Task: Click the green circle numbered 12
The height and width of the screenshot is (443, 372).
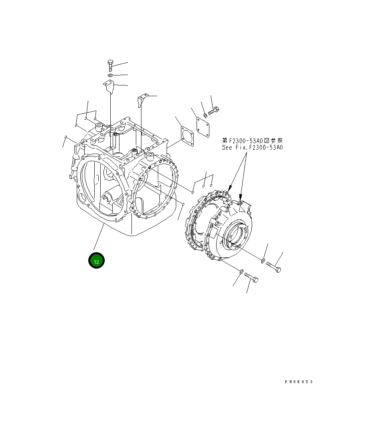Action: click(x=96, y=261)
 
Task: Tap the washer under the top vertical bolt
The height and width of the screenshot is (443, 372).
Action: click(x=111, y=75)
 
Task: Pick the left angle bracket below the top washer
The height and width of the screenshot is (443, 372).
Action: click(x=109, y=86)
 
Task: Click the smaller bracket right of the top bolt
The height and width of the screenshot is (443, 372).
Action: click(x=142, y=100)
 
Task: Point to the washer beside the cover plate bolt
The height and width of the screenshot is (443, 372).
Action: click(x=205, y=116)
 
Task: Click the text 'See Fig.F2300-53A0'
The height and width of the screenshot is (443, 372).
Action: click(x=253, y=147)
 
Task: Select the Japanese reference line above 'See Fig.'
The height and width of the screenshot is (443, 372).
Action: click(x=253, y=140)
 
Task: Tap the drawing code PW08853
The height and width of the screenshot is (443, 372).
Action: click(x=298, y=382)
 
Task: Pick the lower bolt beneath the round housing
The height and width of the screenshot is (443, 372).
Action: click(x=251, y=277)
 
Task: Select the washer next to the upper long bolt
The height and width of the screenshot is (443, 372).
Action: click(x=263, y=261)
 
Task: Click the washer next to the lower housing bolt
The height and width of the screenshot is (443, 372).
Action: click(x=241, y=272)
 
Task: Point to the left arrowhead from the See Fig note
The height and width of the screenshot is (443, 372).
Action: click(x=229, y=188)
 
